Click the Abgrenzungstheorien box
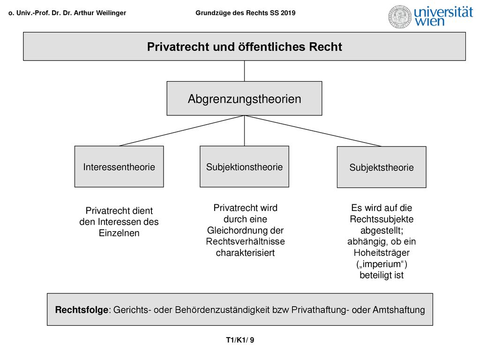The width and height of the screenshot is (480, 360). tap(244, 98)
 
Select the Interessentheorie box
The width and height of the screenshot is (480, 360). tap(119, 166)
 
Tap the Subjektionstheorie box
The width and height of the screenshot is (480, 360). tap(244, 166)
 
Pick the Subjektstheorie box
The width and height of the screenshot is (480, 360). tap(382, 167)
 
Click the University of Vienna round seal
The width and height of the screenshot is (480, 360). tap(399, 17)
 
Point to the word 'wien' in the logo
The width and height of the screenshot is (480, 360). tap(429, 22)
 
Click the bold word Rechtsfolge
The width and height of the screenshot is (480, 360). tap(82, 310)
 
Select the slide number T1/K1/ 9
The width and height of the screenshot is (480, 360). tap(240, 340)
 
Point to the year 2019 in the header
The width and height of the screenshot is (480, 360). tap(288, 13)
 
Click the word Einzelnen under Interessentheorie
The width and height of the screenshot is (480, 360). tap(119, 233)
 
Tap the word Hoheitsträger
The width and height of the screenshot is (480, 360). tap(382, 253)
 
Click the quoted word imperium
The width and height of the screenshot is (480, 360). tap(382, 264)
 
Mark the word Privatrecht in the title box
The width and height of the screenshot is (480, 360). tap(176, 47)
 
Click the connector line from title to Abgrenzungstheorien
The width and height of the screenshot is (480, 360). tap(244, 71)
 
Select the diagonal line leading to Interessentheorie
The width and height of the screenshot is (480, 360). tap(182, 131)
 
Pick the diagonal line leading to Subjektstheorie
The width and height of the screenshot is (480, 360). tap(313, 131)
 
